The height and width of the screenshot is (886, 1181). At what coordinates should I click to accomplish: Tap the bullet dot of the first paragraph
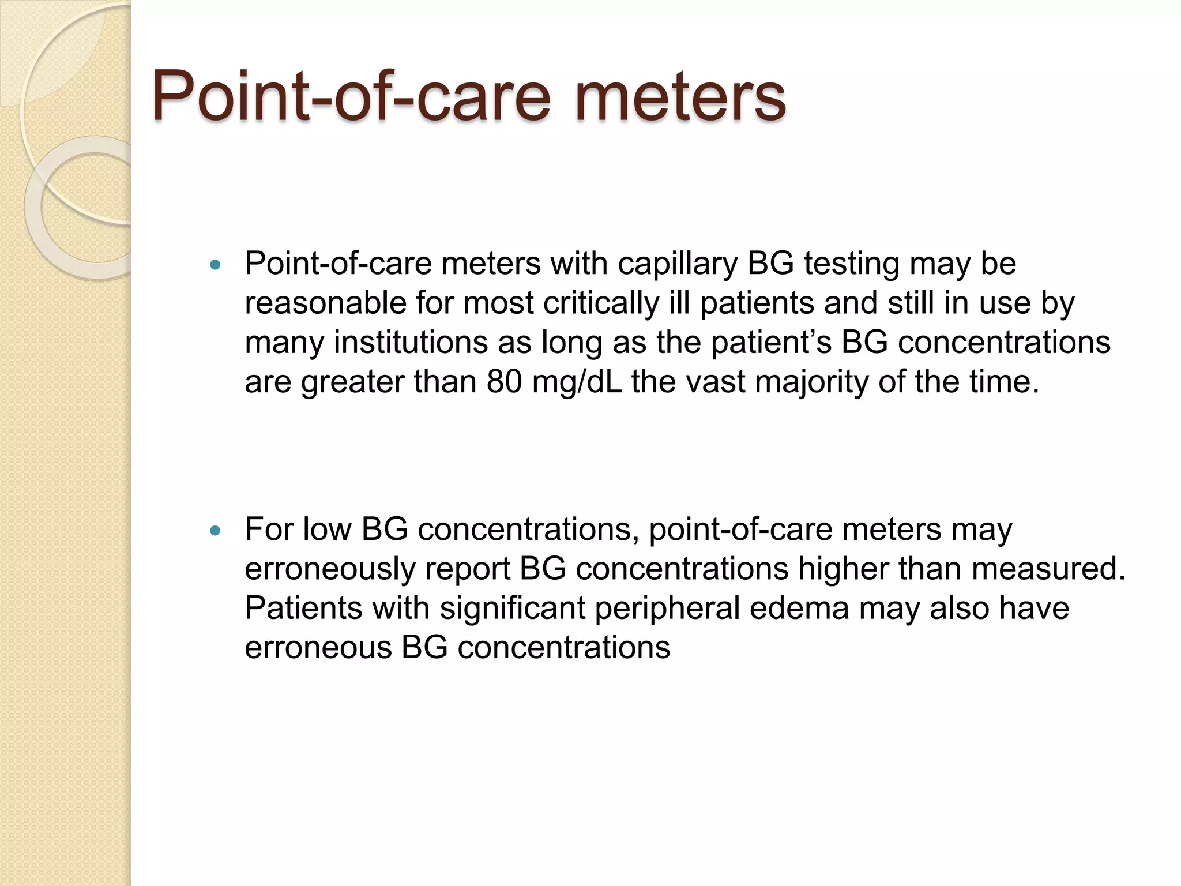click(216, 265)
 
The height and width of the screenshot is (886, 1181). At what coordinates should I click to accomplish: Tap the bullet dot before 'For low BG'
click(216, 531)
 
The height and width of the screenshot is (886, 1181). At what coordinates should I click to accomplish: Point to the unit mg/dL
click(577, 382)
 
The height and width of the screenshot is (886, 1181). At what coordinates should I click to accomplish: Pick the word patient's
click(771, 343)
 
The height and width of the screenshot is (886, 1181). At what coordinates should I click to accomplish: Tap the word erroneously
click(329, 569)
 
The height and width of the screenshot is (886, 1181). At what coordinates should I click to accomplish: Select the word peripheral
click(667, 608)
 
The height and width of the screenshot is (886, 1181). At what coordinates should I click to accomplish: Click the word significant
click(512, 608)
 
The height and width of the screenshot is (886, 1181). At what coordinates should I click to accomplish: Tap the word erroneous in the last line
click(318, 647)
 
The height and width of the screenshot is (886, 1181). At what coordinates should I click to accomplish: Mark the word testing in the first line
click(852, 264)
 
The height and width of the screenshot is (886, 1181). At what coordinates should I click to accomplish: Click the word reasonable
click(325, 303)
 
